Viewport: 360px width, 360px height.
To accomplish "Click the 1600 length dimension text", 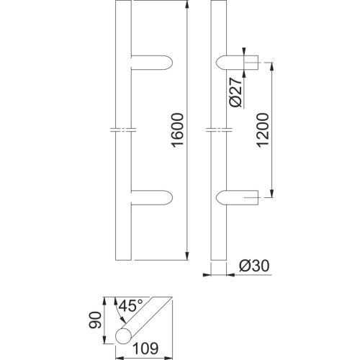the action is tap(178, 130).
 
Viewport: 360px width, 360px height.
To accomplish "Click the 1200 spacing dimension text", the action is tap(262, 130).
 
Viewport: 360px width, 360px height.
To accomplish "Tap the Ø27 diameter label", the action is tap(235, 92).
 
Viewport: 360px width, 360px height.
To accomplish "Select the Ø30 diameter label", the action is tap(254, 266).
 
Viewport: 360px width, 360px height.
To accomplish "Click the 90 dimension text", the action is tap(95, 320).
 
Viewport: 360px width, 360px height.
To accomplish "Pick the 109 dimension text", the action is tap(145, 348).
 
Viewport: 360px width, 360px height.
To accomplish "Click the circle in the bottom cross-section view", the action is tap(124, 336).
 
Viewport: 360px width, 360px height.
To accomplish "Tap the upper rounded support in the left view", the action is tap(152, 63).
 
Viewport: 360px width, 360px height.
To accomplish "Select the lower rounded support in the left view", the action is tap(152, 197).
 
